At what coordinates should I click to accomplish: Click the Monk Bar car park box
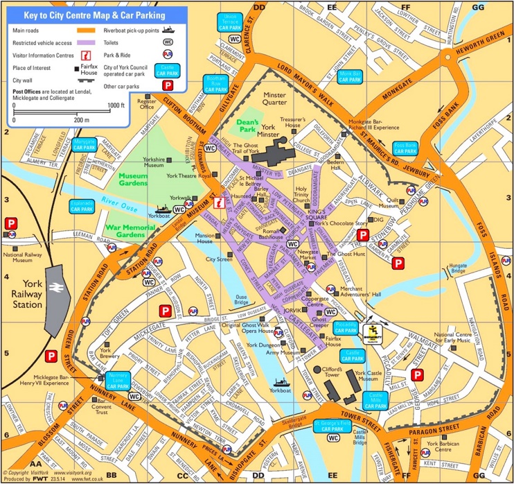tap(351, 76)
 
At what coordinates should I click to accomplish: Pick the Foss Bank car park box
tap(405, 148)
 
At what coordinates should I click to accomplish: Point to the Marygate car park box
tap(85, 145)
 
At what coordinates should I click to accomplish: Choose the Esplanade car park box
tap(81, 206)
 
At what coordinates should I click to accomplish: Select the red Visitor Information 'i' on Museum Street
tap(220, 202)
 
